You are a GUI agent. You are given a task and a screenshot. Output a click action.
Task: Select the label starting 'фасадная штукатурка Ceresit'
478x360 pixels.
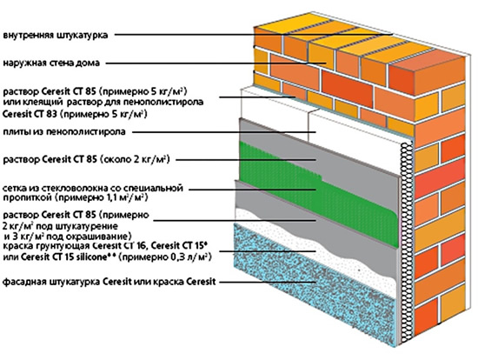(96, 283)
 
